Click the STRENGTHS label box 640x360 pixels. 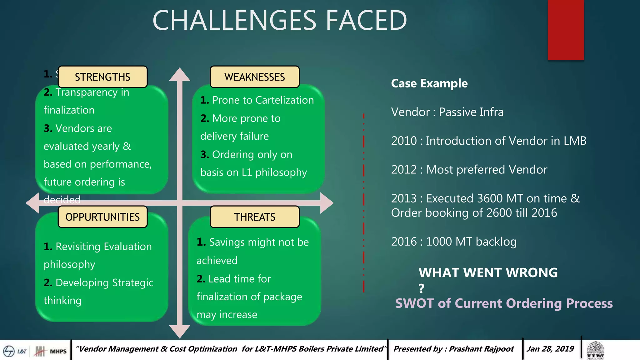pyautogui.click(x=102, y=77)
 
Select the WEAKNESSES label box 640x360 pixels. pyautogui.click(x=254, y=77)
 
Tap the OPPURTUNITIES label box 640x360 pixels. pyautogui.click(x=102, y=217)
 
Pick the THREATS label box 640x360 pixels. pyautogui.click(x=254, y=217)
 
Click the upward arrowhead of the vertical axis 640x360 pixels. pyautogui.click(x=180, y=75)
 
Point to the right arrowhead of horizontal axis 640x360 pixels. pyautogui.click(x=326, y=203)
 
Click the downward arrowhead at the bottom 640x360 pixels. pyautogui.click(x=180, y=331)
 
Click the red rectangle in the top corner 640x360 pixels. pyautogui.click(x=566, y=30)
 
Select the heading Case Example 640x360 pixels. pyautogui.click(x=429, y=83)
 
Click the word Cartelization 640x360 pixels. pyautogui.click(x=284, y=100)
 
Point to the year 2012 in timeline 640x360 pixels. pyautogui.click(x=404, y=170)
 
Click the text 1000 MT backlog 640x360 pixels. pyautogui.click(x=471, y=242)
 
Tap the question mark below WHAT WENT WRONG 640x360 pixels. pyautogui.click(x=422, y=288)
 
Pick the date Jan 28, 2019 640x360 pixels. pyautogui.click(x=550, y=349)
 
